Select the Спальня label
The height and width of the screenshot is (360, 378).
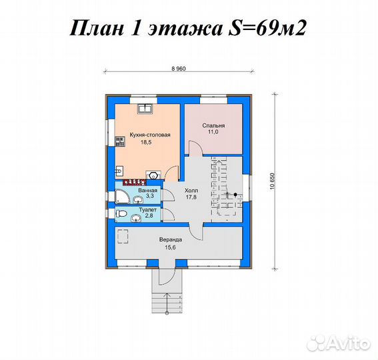pyautogui.click(x=213, y=125)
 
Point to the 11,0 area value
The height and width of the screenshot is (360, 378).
pyautogui.click(x=213, y=133)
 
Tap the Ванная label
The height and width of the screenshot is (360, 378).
pyautogui.click(x=147, y=190)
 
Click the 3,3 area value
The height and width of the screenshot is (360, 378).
pyautogui.click(x=149, y=197)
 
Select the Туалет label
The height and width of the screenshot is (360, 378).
pyautogui.click(x=147, y=210)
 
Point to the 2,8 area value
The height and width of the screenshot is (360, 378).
pyautogui.click(x=149, y=217)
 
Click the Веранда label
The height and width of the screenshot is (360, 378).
pyautogui.click(x=171, y=239)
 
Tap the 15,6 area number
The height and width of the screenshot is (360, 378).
pyautogui.click(x=171, y=247)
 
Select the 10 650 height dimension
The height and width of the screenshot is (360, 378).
pyautogui.click(x=272, y=182)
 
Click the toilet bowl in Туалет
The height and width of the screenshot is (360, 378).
pyautogui.click(x=121, y=213)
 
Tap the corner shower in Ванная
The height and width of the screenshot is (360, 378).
pyautogui.click(x=121, y=196)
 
